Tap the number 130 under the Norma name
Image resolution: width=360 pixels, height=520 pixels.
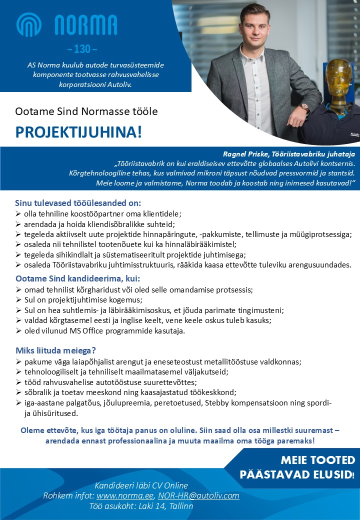[82, 49]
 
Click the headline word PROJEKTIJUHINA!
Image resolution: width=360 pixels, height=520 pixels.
[79, 132]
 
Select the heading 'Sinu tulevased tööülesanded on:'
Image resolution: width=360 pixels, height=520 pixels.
[78, 203]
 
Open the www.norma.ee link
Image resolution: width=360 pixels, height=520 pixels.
[125, 496]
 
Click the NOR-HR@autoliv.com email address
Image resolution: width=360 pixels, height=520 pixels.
[198, 496]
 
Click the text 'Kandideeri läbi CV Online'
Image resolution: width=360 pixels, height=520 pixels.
[141, 485]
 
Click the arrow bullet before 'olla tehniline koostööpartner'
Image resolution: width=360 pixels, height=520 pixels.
[18, 213]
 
